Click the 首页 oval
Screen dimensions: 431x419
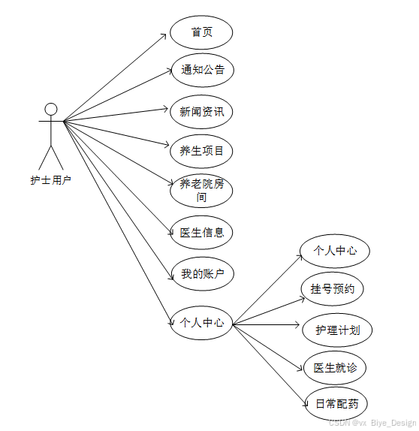pyautogui.click(x=201, y=32)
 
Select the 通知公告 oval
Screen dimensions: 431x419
pyautogui.click(x=202, y=70)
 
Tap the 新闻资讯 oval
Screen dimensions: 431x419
pyautogui.click(x=201, y=112)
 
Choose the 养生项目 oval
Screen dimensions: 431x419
pyautogui.click(x=201, y=151)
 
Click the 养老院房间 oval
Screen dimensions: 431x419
pyautogui.click(x=201, y=191)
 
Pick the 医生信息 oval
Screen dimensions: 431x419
pyautogui.click(x=201, y=232)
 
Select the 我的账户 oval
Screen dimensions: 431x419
pyautogui.click(x=202, y=273)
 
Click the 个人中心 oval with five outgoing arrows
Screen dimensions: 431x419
pyautogui.click(x=201, y=323)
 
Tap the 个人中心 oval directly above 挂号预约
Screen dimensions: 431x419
pyautogui.click(x=334, y=251)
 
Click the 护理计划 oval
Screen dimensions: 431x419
pyautogui.click(x=337, y=330)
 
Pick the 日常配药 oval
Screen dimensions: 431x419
pyautogui.click(x=336, y=404)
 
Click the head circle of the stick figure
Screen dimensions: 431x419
pyautogui.click(x=51, y=109)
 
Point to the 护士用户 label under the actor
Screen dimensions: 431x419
pyautogui.click(x=50, y=180)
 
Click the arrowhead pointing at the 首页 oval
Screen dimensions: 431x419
pyautogui.click(x=166, y=34)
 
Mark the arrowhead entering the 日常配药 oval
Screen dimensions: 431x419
pyautogui.click(x=303, y=406)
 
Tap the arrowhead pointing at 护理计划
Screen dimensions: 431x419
pyautogui.click(x=297, y=326)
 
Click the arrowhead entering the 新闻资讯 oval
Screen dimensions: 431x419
pyautogui.click(x=167, y=110)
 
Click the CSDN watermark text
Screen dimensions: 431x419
pyautogui.click(x=372, y=423)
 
